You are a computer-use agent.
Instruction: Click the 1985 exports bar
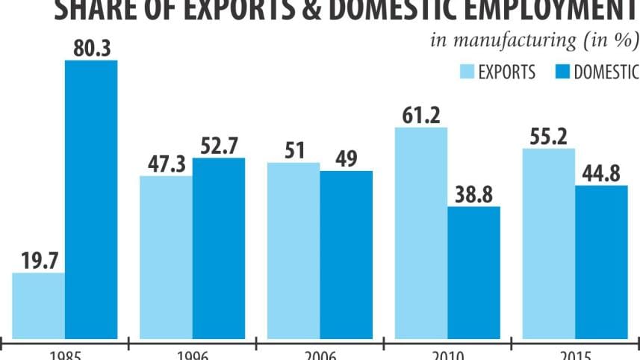(39, 304)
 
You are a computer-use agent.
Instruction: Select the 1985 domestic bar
(91, 198)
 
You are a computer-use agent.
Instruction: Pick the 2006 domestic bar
(346, 253)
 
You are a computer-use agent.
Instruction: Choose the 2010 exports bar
(421, 232)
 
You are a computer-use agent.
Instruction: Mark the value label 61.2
(421, 115)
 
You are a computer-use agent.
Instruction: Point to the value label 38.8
(473, 194)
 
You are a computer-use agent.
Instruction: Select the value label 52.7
(219, 146)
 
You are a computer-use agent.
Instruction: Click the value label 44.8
(601, 173)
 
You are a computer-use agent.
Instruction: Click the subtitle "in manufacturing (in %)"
(534, 40)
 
